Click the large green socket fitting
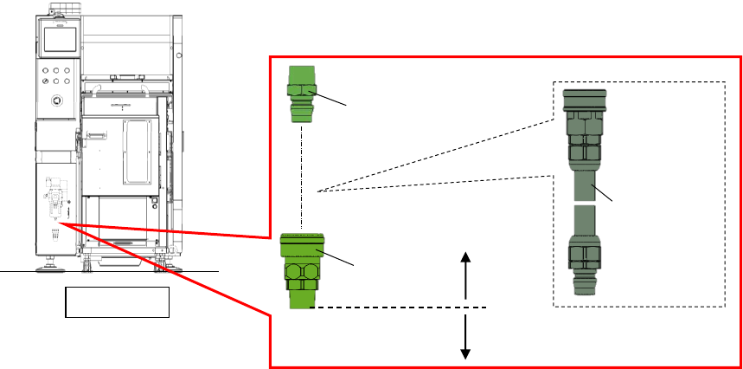300,269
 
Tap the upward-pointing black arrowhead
465,257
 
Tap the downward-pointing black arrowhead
465,352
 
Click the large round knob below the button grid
57,100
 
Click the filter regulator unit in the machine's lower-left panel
54,201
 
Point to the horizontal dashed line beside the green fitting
398,307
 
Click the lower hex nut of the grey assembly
581,255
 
